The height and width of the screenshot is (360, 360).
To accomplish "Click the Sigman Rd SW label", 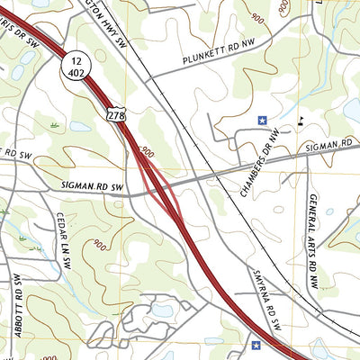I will click(x=90, y=185).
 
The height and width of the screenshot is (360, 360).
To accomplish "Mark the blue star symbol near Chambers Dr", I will click(x=263, y=119).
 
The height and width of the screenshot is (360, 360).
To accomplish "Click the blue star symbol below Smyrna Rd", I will click(x=256, y=344).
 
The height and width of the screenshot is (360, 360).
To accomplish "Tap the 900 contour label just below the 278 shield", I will click(x=147, y=154).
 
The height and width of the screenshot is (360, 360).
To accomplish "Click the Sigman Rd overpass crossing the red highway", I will click(x=163, y=184).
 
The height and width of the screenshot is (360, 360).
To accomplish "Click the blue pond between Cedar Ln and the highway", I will click(x=163, y=310).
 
